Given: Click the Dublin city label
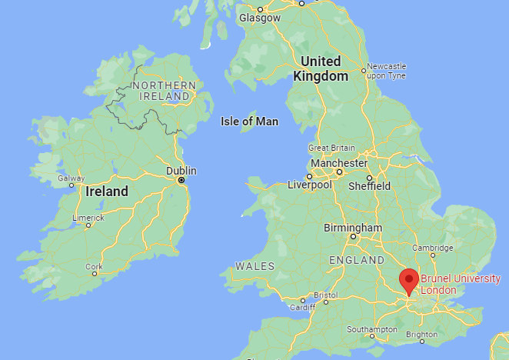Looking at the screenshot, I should tap(181, 170).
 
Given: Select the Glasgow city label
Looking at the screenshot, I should tap(259, 17).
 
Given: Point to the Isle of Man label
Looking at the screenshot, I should tap(249, 122).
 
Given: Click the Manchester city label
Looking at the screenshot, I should tap(338, 163).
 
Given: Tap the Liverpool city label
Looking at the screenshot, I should tap(309, 185).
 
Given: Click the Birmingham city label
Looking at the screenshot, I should tap(353, 228).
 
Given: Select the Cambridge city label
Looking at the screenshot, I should tap(431, 248).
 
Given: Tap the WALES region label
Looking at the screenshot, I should tap(254, 265).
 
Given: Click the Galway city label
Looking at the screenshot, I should tap(71, 178).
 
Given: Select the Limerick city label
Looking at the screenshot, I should tap(88, 218).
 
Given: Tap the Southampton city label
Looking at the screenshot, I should tap(371, 329).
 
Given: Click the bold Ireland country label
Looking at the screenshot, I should tap(107, 192).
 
